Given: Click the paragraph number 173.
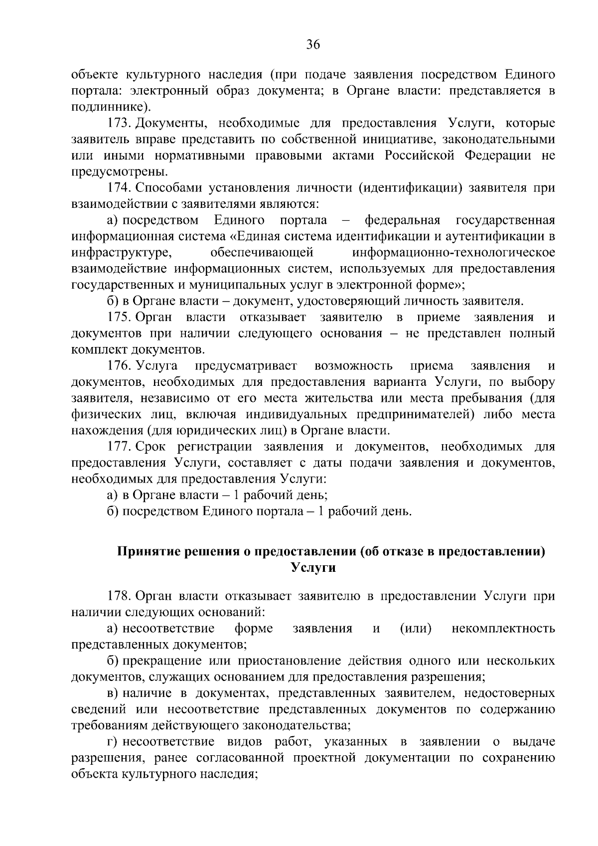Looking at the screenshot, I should (x=120, y=123).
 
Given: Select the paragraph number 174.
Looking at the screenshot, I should (x=120, y=188).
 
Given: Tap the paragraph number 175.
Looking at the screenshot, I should (x=120, y=318).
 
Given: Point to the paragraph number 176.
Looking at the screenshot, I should (x=120, y=366).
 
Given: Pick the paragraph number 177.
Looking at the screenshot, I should (x=120, y=447).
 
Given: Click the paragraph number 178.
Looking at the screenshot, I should (x=120, y=597).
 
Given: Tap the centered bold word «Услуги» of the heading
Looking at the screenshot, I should (x=313, y=567).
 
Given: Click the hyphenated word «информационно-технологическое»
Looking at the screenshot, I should (x=453, y=253).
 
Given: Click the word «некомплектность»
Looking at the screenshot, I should (x=503, y=629).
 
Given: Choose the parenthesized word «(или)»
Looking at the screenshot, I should (x=416, y=629).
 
